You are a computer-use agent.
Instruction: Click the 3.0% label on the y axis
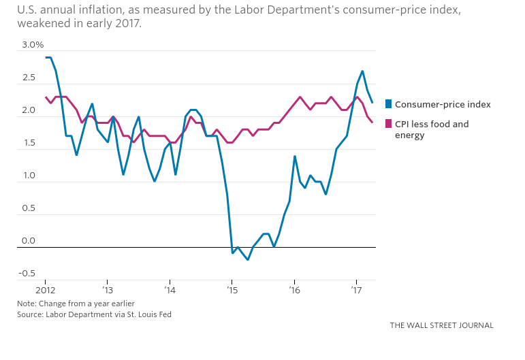click(x=33, y=45)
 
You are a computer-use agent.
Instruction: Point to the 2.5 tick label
click(x=29, y=78)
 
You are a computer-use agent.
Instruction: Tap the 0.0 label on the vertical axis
click(x=29, y=241)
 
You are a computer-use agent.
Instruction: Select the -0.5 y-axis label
click(x=28, y=274)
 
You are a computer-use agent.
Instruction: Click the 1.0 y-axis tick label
click(x=29, y=176)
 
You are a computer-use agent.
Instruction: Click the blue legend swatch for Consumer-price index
click(x=389, y=104)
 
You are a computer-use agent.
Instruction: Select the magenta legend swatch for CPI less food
click(x=389, y=124)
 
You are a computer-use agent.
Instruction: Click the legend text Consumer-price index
click(x=443, y=104)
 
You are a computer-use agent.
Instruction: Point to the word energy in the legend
click(x=410, y=135)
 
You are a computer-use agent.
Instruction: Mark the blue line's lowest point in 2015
click(x=248, y=260)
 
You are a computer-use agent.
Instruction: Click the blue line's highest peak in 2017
click(x=362, y=71)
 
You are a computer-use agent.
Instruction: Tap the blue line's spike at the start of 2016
click(x=294, y=156)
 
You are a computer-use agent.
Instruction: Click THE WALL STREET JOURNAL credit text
click(x=441, y=325)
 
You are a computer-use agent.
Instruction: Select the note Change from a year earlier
click(x=85, y=303)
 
